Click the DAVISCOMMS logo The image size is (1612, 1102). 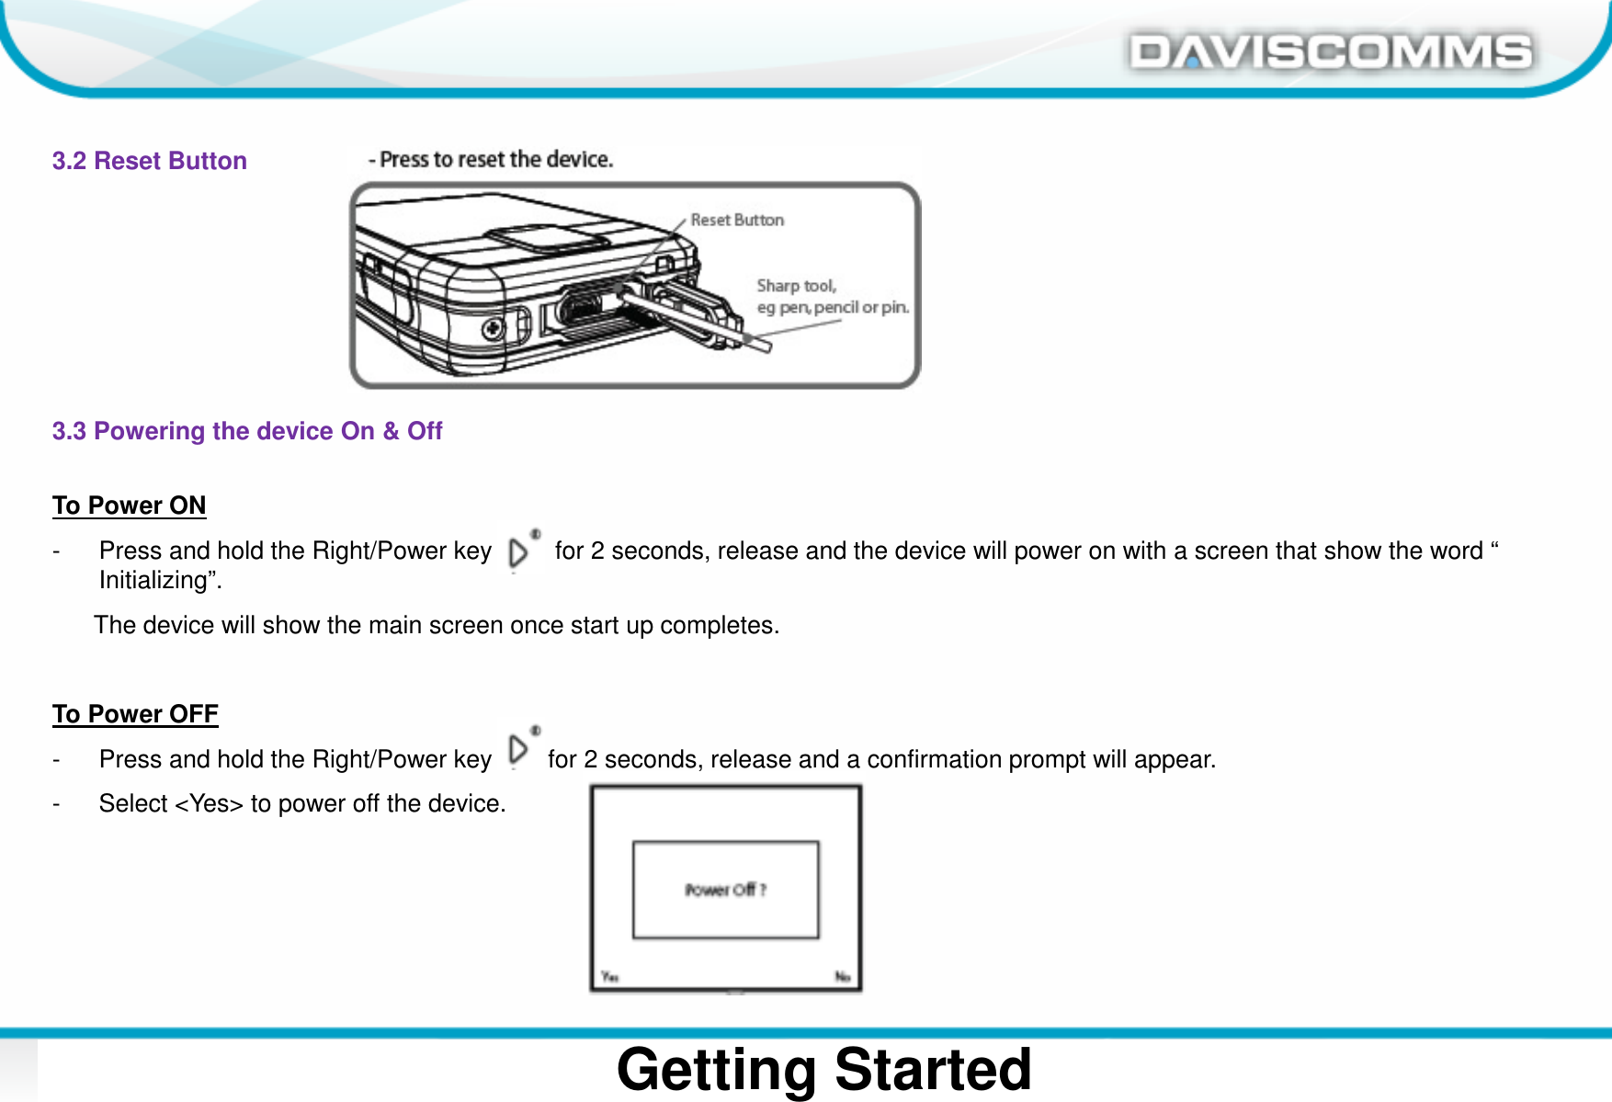coord(1330,51)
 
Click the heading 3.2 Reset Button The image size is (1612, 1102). coord(149,161)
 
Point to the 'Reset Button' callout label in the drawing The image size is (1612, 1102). coord(737,220)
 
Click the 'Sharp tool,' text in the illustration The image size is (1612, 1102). coord(796,286)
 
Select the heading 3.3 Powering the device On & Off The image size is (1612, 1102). coord(246,431)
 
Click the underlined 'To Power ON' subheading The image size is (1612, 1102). coord(129,506)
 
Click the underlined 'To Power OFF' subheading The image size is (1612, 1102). coord(135,714)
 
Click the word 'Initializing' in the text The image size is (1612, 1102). coord(157,581)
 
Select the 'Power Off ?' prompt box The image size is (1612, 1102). coord(725,889)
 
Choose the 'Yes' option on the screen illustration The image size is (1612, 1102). coord(609,976)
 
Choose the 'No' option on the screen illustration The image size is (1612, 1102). coord(842,976)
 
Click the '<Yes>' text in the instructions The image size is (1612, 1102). coord(209,804)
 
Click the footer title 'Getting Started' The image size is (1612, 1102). coord(823,1069)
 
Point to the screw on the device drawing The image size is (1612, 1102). coord(494,328)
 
